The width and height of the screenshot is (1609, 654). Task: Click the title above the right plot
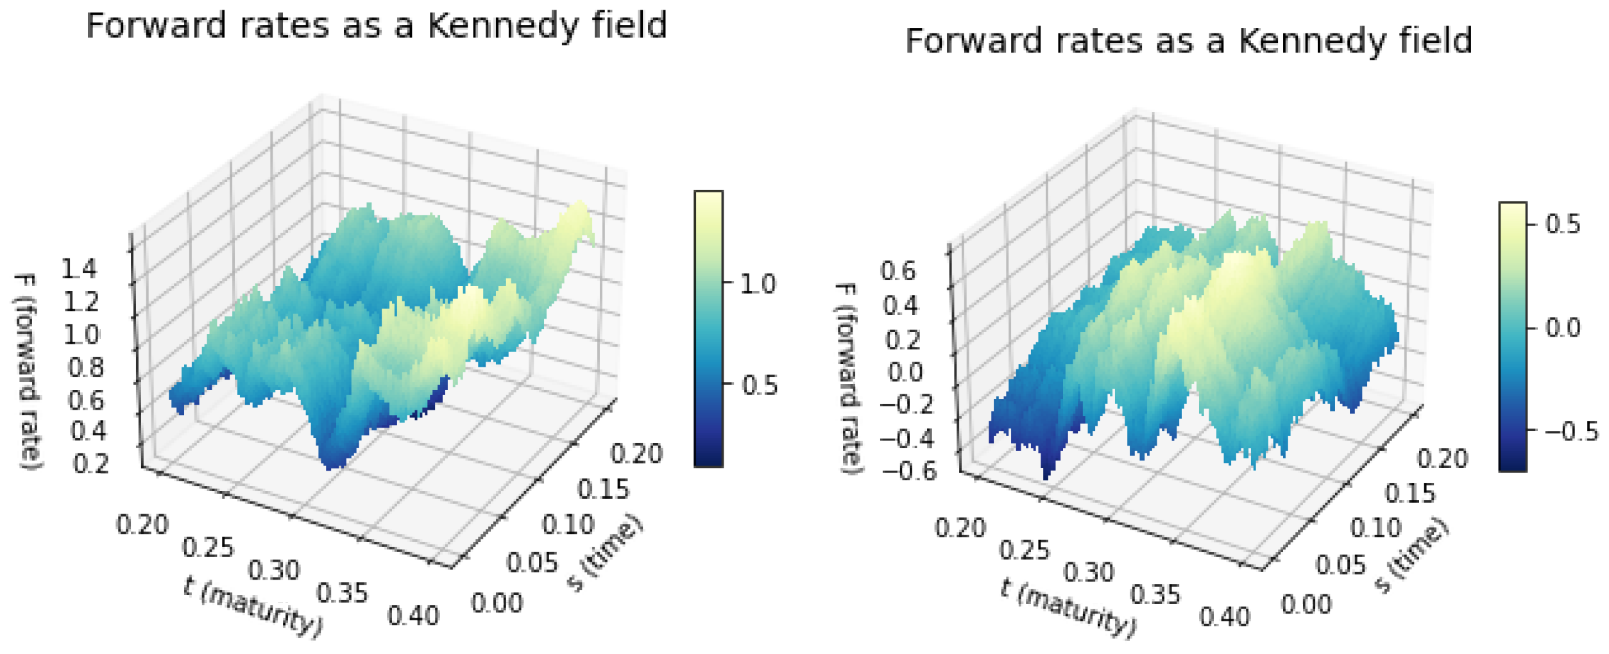click(1188, 42)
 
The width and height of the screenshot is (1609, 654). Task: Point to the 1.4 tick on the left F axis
click(80, 269)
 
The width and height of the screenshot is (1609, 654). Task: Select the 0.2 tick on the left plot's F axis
click(90, 464)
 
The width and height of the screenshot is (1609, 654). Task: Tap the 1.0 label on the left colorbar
click(758, 284)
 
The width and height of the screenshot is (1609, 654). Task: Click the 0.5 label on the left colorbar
click(760, 385)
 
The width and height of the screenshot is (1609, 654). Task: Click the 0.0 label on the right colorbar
click(1563, 328)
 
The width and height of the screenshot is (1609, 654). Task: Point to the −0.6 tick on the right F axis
click(908, 472)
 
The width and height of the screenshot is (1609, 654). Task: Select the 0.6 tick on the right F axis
click(898, 272)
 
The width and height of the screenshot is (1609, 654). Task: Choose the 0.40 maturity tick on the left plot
click(413, 616)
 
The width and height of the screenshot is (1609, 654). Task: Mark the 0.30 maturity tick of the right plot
click(1089, 573)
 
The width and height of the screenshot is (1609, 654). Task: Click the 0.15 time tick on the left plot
click(603, 490)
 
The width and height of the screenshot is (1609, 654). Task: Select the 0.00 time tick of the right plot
click(1306, 605)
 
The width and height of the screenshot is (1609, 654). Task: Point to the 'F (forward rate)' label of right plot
click(848, 378)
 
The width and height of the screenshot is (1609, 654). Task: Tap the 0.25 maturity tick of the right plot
click(1025, 551)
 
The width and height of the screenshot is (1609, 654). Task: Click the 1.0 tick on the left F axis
click(81, 335)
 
